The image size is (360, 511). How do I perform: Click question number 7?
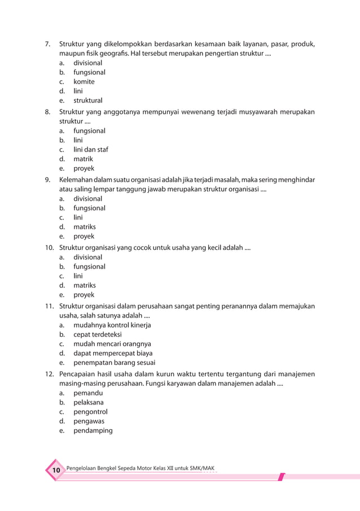[x=49, y=44]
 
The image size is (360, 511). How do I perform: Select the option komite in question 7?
[x=84, y=82]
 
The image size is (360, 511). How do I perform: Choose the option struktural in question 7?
[x=87, y=101]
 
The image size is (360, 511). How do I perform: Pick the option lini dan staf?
[x=90, y=149]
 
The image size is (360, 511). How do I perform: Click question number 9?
[x=49, y=179]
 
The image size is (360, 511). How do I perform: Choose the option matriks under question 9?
[x=85, y=227]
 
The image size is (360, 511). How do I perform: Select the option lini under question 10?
[x=78, y=276]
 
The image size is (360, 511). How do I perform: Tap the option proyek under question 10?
[x=84, y=295]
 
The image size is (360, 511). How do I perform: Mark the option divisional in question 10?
[x=87, y=257]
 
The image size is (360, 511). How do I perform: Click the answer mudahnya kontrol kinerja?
[x=112, y=325]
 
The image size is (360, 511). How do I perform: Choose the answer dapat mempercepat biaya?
[x=112, y=354]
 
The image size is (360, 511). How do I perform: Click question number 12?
[x=49, y=374]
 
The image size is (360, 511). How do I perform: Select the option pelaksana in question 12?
[x=89, y=402]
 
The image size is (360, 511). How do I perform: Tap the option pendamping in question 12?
[x=93, y=430]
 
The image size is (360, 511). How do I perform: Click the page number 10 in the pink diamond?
[x=56, y=471]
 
